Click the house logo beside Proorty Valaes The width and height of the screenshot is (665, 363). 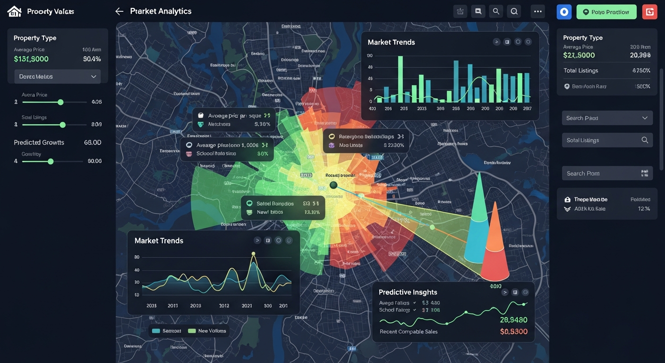point(15,11)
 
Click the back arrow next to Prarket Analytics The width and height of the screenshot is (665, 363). point(119,11)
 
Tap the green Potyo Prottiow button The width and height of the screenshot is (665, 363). point(606,12)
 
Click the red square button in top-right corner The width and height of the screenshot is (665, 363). point(649,12)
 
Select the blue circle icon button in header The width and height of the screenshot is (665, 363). point(564,12)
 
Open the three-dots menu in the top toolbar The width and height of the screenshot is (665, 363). point(537,11)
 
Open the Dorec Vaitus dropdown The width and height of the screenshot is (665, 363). point(57,77)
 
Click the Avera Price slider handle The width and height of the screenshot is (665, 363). point(60,102)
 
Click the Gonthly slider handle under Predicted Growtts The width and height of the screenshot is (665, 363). point(51,161)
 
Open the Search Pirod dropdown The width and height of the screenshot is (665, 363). point(607,118)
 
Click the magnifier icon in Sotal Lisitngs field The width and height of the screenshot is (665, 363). point(645,140)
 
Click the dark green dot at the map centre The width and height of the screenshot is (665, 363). point(333,185)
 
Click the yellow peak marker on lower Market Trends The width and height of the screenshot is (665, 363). point(253,254)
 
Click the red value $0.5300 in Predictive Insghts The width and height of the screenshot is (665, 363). point(513,332)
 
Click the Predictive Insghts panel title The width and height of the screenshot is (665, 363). point(408,292)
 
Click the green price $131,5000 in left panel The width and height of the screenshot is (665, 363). point(31,59)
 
